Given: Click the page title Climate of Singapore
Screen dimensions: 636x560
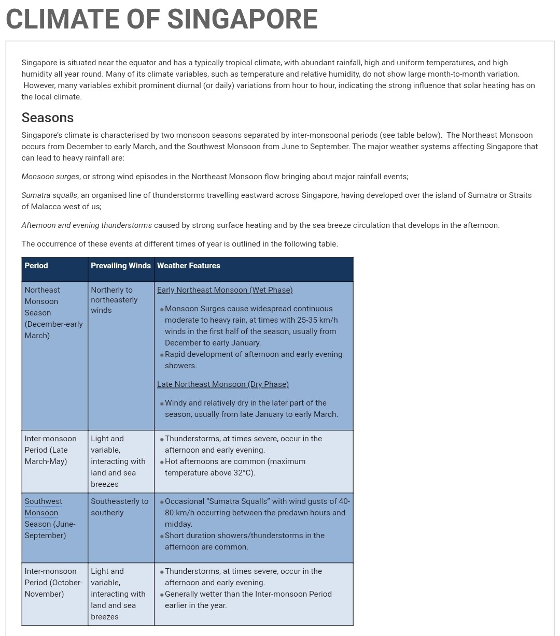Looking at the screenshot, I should tap(161, 20).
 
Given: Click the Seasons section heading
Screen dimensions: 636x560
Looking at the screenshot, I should tap(48, 118).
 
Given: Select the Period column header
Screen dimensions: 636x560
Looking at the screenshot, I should tap(36, 266).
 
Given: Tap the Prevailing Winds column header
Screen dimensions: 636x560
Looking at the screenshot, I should tap(121, 266).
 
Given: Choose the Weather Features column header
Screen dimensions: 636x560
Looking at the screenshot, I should tap(189, 266).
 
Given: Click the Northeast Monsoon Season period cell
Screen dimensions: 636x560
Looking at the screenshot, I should tap(53, 313).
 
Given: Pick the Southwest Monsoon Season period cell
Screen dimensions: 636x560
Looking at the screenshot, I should tap(50, 518).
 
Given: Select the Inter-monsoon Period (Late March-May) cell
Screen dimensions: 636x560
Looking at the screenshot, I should tap(50, 450).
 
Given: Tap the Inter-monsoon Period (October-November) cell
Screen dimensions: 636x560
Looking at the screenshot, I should tap(53, 583).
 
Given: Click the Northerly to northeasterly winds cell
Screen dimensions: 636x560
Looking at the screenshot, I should tap(114, 300).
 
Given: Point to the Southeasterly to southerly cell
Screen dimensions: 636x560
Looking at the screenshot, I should tap(119, 507).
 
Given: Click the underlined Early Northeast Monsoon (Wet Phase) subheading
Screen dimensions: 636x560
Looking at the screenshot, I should tap(225, 290).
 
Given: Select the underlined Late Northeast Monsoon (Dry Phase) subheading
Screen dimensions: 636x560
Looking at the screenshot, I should tap(223, 384).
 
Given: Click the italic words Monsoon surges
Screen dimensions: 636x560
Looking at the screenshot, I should tap(50, 177).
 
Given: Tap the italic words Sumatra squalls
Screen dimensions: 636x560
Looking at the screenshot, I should tap(49, 195).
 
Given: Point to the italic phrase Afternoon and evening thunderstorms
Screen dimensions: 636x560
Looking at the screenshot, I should tap(87, 225).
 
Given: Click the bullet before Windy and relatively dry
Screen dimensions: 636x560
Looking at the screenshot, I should tap(162, 403).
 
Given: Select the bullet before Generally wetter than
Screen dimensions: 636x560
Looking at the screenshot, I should tap(162, 595).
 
